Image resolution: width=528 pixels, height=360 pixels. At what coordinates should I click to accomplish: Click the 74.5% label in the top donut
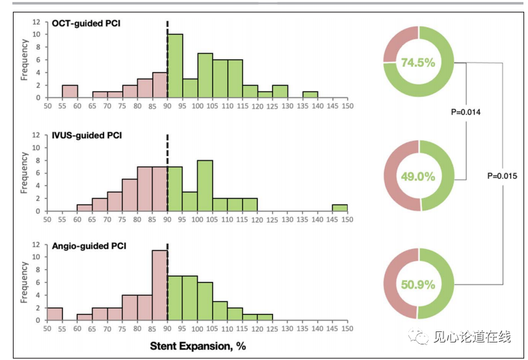point(418,62)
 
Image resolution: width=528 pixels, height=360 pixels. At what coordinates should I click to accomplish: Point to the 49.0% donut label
point(418,176)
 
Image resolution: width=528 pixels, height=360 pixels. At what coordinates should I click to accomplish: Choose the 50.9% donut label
point(418,284)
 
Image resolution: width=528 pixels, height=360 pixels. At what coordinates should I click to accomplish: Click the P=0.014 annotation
point(466,112)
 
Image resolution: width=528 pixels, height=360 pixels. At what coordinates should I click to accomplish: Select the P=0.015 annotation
point(503,176)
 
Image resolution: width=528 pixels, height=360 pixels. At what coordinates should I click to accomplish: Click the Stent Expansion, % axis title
point(198,346)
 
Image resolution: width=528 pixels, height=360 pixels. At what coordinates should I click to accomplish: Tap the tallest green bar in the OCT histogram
point(175,65)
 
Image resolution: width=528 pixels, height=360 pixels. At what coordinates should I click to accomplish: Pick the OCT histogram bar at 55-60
point(70,91)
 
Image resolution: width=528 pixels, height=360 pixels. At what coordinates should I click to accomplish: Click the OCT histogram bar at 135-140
point(310,94)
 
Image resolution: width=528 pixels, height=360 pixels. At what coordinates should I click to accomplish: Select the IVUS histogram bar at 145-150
point(340,208)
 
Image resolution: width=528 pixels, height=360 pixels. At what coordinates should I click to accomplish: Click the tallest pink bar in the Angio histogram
point(160,285)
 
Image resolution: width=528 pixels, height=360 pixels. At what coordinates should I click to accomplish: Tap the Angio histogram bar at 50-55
point(55,314)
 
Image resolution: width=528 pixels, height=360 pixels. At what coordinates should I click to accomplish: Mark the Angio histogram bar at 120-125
point(265,317)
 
